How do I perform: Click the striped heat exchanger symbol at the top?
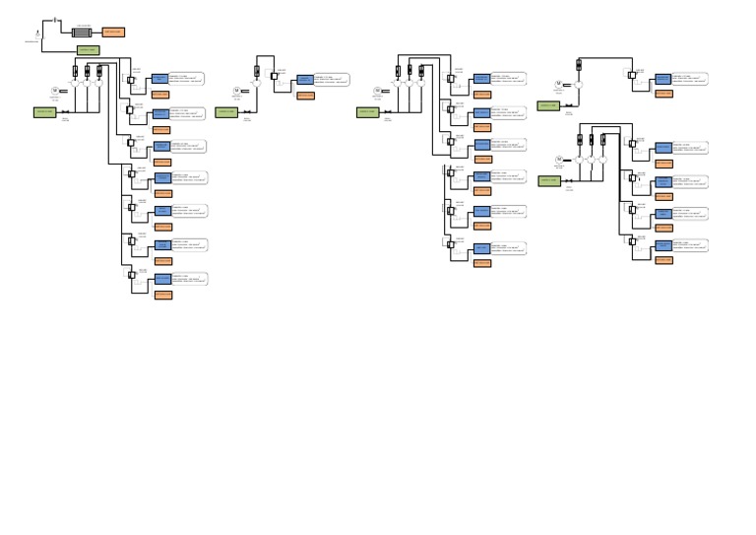point(82,33)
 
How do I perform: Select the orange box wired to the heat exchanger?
point(113,33)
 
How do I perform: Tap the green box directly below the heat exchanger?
point(88,50)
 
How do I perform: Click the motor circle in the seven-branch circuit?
point(55,92)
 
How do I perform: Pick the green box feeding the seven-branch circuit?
point(45,112)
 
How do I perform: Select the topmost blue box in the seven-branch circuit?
point(160,78)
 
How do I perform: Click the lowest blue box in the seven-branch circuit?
point(162,279)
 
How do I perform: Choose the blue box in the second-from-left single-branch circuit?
point(305,79)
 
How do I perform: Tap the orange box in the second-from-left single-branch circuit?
point(306,96)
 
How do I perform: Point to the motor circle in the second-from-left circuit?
point(236,92)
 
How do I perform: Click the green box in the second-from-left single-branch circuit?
point(227,112)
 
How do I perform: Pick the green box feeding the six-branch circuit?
point(368,112)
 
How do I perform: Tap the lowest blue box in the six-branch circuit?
point(481,248)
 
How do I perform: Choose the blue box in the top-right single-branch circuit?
point(663,79)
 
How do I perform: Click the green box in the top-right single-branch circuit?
point(548,105)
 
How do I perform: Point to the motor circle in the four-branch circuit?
point(559,159)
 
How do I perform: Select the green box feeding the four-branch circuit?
point(549,180)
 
